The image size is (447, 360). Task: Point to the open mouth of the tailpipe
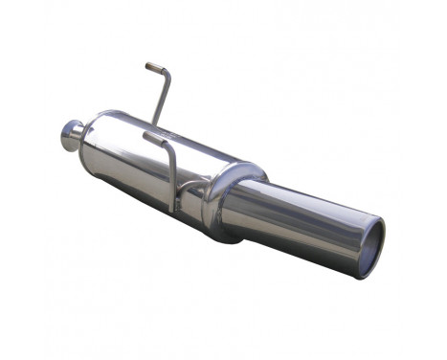370,249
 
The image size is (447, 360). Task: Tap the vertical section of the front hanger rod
172,177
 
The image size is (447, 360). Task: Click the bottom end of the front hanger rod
173,210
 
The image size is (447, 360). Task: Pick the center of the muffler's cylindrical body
144,163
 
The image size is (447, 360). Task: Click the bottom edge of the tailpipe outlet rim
365,276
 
